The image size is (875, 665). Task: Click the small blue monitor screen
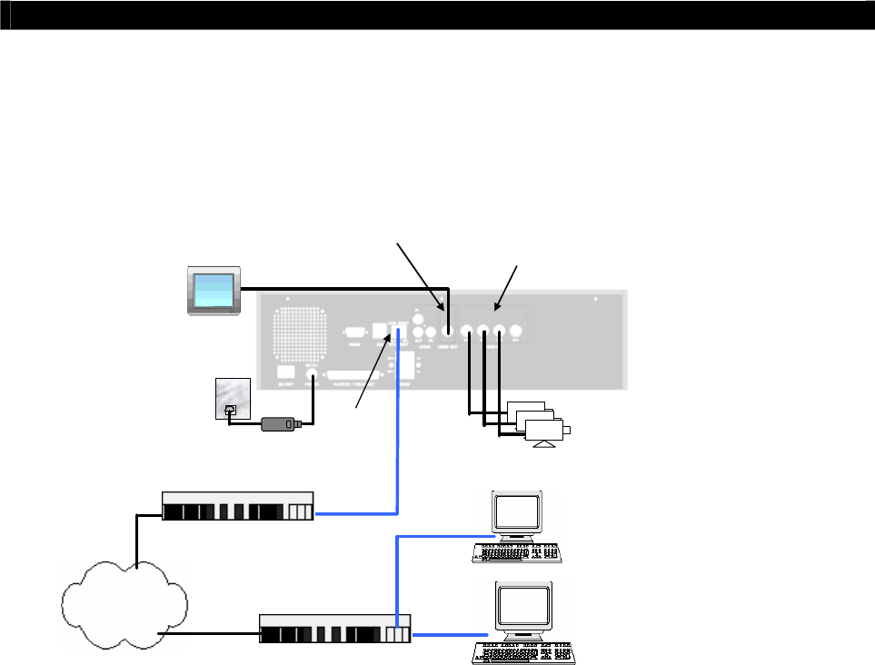pos(214,290)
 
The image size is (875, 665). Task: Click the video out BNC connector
pos(447,333)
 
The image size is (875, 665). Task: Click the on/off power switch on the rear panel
pos(284,372)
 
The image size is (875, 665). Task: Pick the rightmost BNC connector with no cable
pos(516,332)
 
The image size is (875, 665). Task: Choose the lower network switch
pos(335,628)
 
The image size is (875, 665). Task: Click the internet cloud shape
pos(124,600)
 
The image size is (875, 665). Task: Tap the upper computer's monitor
pos(517,512)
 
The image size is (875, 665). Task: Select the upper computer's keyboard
pos(516,552)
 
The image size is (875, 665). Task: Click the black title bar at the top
pos(437,15)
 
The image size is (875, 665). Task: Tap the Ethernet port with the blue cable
pos(398,333)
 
